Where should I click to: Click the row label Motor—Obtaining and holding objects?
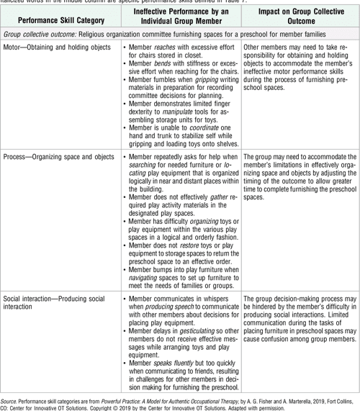point(56,47)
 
